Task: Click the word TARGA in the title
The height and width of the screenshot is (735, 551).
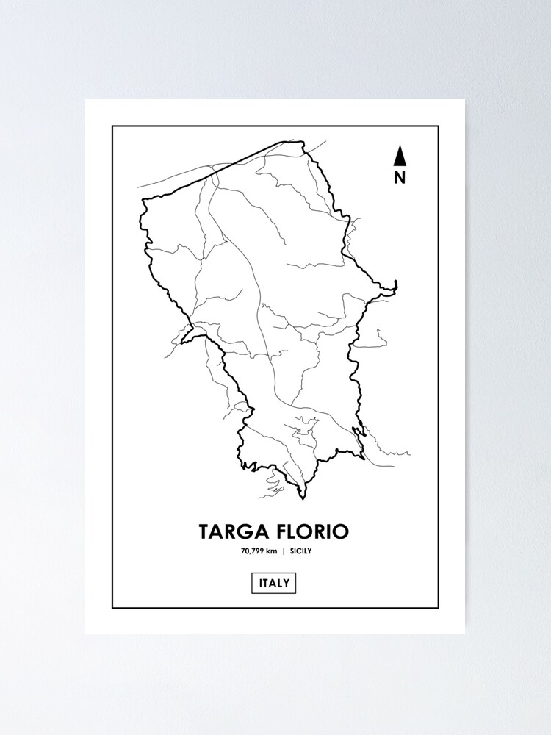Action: [x=231, y=531]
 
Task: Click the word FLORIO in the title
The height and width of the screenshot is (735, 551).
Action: [x=311, y=531]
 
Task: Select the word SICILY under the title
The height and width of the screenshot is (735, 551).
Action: [x=302, y=551]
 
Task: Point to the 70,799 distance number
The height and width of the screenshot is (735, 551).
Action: [x=253, y=551]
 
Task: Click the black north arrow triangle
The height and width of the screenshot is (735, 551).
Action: [x=400, y=156]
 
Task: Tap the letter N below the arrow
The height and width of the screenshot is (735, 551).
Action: [x=400, y=177]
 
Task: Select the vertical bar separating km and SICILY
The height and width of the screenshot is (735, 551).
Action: [x=284, y=551]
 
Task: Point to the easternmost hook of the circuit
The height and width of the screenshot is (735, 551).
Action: [x=395, y=284]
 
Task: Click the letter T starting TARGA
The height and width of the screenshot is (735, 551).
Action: [x=204, y=531]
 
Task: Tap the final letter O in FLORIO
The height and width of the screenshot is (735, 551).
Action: [x=342, y=531]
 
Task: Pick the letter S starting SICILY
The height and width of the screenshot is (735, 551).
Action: [x=292, y=551]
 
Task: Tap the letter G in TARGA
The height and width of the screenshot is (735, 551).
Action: [x=245, y=531]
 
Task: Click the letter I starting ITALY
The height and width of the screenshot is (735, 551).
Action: [x=261, y=584]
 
